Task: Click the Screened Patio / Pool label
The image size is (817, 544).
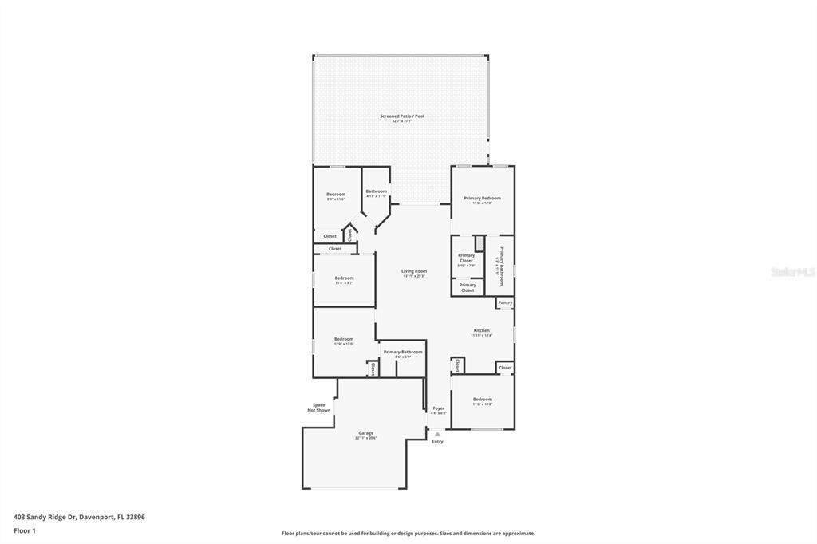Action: tap(402, 116)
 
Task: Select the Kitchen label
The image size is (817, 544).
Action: tap(481, 330)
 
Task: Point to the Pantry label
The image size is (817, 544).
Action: tap(505, 302)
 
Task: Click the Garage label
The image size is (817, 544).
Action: tap(365, 433)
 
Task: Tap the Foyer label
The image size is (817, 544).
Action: tap(438, 408)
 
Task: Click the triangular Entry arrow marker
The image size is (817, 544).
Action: tap(437, 434)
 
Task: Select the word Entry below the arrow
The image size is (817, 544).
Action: tap(437, 442)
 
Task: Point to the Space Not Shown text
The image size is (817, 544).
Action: tap(318, 408)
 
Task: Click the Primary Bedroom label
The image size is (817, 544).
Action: tap(483, 198)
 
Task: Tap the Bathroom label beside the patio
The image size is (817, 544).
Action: tap(376, 191)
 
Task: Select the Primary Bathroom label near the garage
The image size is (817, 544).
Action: tap(403, 352)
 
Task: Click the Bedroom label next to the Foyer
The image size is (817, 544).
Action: tap(482, 399)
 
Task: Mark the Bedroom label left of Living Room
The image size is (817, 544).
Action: tap(344, 278)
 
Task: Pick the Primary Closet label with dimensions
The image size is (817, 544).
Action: tap(466, 258)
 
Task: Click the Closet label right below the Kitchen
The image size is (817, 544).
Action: tap(505, 368)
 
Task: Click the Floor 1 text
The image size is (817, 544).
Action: tap(26, 530)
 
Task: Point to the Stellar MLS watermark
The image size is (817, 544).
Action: tap(792, 272)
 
